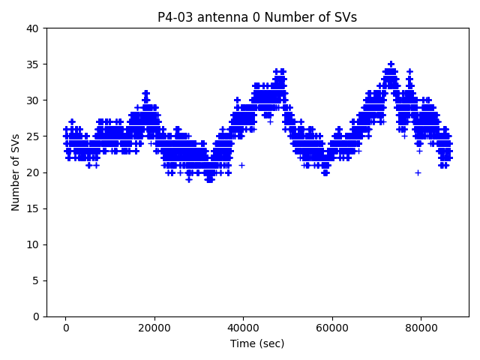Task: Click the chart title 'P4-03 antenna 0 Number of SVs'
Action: tap(257, 17)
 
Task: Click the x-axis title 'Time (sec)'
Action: tap(257, 343)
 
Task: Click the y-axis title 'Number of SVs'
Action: tap(16, 172)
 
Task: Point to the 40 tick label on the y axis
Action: tap(33, 28)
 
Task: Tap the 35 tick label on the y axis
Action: tap(33, 64)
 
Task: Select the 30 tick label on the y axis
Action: tap(33, 100)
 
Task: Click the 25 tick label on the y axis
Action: tap(33, 136)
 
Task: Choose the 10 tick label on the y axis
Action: tap(33, 244)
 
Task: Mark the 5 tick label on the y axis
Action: tap(36, 280)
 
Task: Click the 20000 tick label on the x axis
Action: tap(154, 328)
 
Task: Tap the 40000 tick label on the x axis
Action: tap(243, 328)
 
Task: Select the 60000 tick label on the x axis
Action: tap(331, 328)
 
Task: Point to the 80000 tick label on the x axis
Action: tap(420, 328)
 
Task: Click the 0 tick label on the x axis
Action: tap(66, 328)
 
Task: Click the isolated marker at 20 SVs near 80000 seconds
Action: tap(418, 172)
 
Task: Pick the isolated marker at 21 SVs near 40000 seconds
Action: tap(241, 165)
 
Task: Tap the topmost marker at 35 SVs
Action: tap(391, 64)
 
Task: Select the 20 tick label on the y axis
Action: tap(33, 172)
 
